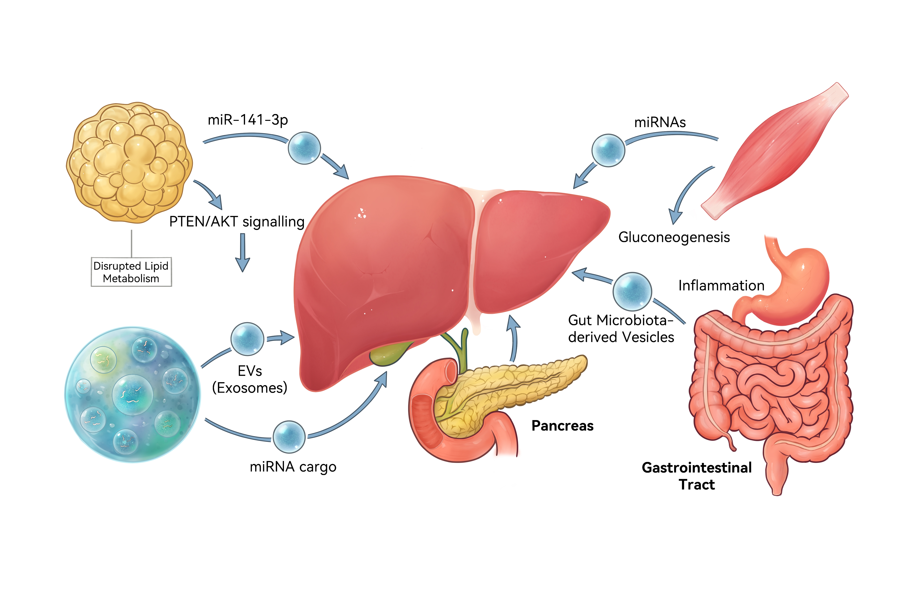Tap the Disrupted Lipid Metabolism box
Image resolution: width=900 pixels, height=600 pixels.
coord(131,272)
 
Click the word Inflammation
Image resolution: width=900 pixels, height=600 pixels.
coord(721,286)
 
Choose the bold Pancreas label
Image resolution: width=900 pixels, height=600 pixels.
coord(562,426)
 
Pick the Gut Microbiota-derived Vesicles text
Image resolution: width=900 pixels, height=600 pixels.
coord(621,328)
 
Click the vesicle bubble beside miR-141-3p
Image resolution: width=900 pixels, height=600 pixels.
coord(304,148)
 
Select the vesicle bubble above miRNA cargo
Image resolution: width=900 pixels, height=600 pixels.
coord(289,437)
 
